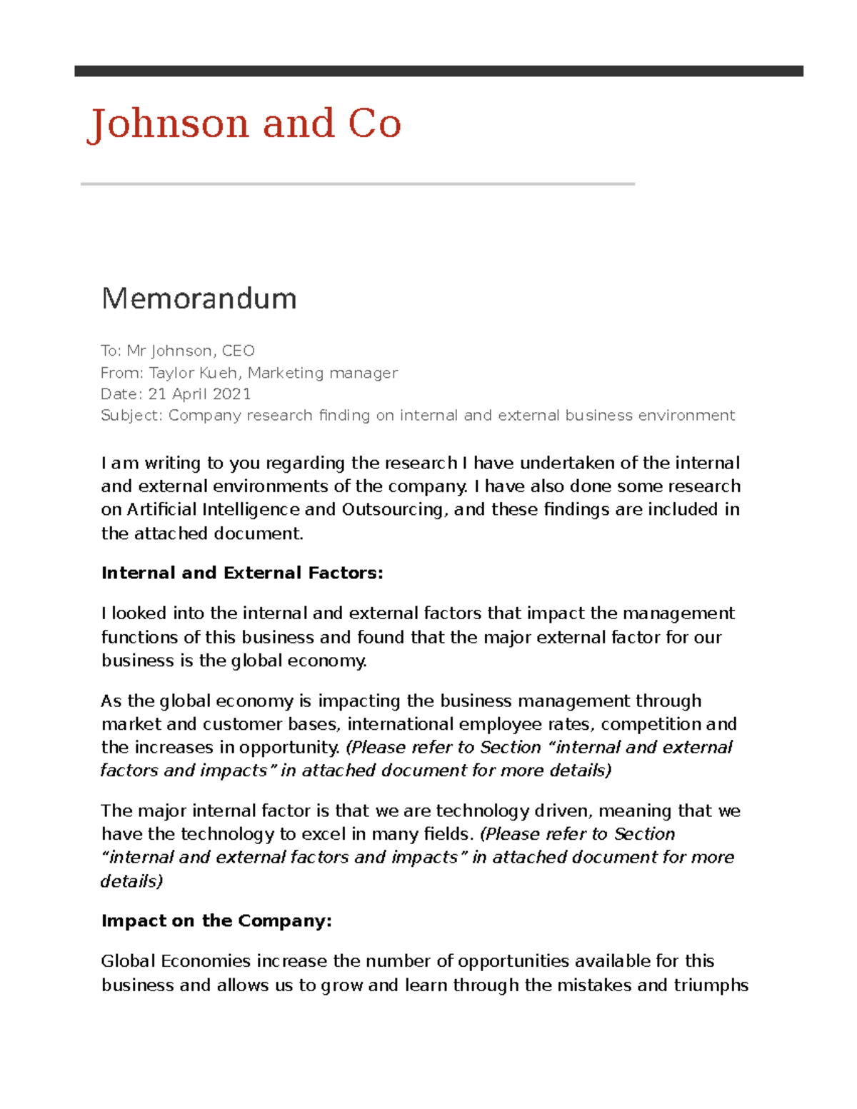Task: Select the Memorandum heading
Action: coord(199,298)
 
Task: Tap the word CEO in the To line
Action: coord(238,351)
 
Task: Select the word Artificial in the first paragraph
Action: coord(162,510)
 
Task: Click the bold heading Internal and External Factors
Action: coord(242,573)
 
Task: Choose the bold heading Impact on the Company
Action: coord(216,921)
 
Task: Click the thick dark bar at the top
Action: coord(438,71)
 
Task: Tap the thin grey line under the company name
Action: coord(357,184)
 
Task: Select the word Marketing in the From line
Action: coord(286,373)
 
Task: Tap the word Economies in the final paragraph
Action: coord(206,961)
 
